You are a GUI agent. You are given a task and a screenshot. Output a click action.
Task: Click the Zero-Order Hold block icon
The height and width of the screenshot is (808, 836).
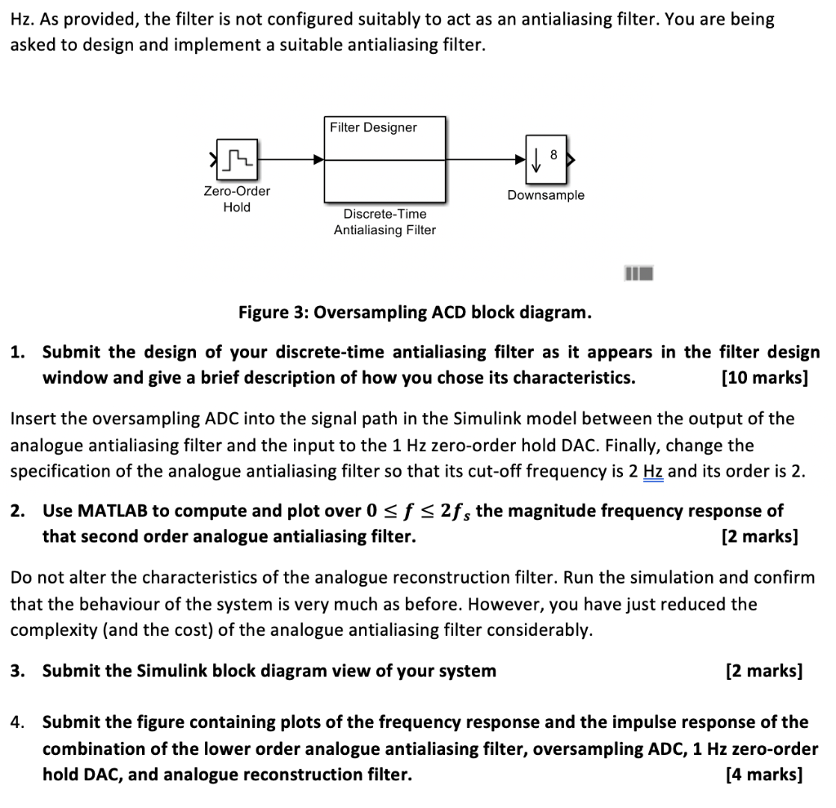coord(237,159)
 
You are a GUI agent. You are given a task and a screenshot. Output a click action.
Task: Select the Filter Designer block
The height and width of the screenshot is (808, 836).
coord(385,159)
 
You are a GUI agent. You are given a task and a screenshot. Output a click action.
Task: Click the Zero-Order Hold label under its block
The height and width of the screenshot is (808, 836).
coord(237,199)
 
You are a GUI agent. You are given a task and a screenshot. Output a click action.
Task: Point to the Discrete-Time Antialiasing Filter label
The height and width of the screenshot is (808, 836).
coord(385,222)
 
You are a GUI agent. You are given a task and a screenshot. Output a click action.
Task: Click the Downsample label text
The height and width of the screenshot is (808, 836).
coord(545,195)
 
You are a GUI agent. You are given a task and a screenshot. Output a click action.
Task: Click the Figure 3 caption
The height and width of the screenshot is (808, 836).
coord(415,313)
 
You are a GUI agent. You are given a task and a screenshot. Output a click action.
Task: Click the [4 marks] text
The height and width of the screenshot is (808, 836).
coord(763,775)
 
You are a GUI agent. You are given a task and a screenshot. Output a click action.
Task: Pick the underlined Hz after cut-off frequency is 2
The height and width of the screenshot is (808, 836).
coord(653,471)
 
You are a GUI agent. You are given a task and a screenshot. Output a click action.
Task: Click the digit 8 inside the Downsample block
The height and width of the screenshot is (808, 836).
coord(554,154)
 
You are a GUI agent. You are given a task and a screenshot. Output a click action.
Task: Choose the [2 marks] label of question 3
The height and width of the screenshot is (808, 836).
coord(763,671)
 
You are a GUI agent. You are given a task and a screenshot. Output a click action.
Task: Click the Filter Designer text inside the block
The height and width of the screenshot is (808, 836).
coord(373,127)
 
